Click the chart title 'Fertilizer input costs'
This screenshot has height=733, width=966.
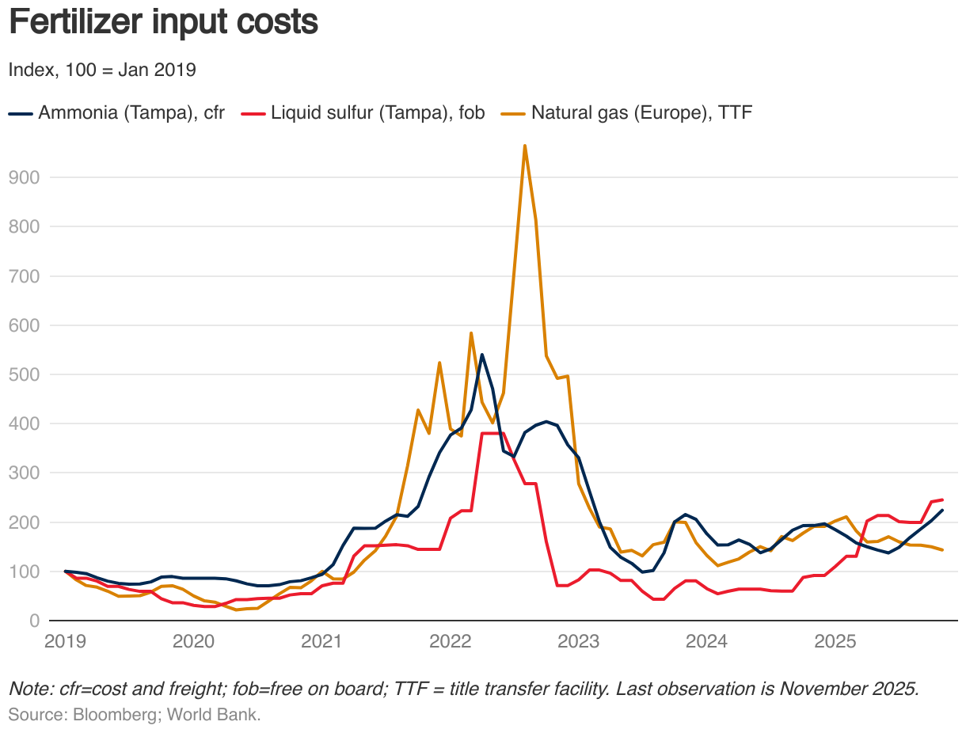pos(163,22)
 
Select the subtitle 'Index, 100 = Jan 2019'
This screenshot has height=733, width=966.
pos(102,70)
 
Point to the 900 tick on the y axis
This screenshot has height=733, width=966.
pos(24,177)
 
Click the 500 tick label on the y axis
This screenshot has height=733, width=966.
pos(24,374)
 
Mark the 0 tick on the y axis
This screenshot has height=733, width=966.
pos(34,621)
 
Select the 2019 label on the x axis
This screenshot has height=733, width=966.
pos(65,640)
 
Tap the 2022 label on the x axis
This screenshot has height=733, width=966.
pos(450,640)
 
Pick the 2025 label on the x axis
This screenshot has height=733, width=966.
pos(835,640)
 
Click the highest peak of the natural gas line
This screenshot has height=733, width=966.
pos(525,146)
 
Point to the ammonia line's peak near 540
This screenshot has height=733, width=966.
pos(482,355)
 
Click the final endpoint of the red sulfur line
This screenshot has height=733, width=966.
pos(942,499)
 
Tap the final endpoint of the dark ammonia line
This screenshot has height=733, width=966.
pos(942,511)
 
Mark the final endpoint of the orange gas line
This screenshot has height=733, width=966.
pos(942,549)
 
